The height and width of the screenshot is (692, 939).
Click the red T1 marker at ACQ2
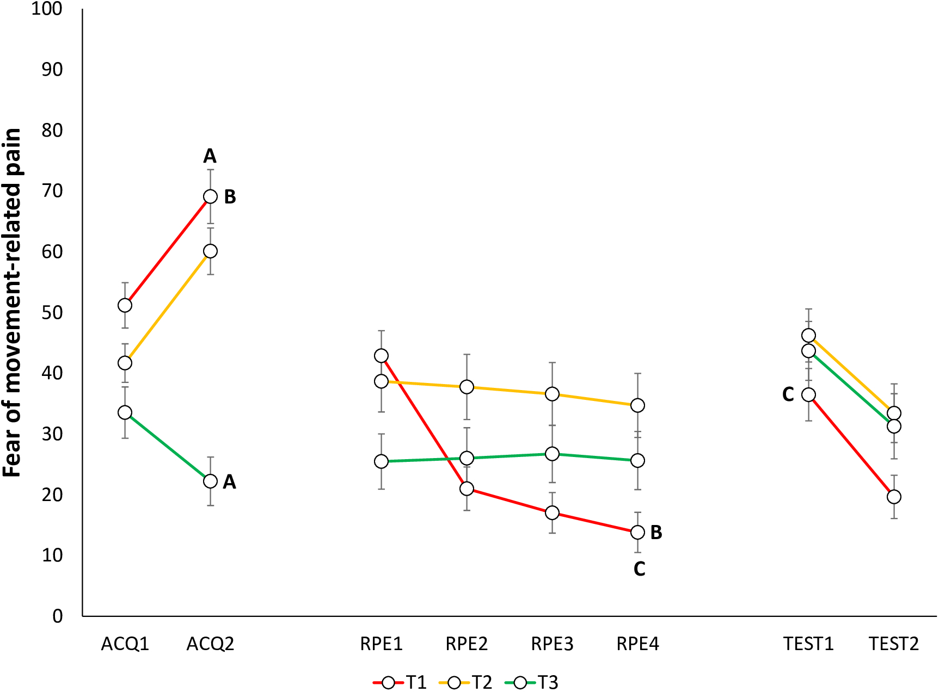[210, 196]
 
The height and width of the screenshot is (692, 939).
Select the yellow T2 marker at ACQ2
[210, 251]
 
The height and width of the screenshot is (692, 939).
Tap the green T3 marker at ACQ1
[125, 412]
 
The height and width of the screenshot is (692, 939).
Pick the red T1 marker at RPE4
[637, 532]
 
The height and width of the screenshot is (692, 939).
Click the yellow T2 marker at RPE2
[467, 387]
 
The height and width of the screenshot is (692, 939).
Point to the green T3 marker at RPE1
[381, 461]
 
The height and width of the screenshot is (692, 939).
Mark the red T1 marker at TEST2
[894, 497]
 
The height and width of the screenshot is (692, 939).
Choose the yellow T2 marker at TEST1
[808, 335]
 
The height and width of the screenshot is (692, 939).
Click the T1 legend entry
[400, 682]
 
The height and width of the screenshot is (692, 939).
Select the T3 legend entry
[532, 682]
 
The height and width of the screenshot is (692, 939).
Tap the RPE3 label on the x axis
[552, 644]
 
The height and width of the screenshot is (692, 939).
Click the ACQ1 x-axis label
[125, 644]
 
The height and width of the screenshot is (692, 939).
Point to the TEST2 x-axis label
[894, 644]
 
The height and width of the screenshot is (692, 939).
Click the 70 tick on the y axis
[52, 191]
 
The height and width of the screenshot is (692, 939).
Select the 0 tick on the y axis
[58, 616]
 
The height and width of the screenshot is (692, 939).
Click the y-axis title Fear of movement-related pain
[12, 302]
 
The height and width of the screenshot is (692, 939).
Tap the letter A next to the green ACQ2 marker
[229, 481]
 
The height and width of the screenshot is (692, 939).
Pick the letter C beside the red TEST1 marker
[788, 394]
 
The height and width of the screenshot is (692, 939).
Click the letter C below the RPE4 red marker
[639, 569]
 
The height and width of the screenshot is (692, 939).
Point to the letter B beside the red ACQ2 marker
[230, 197]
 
